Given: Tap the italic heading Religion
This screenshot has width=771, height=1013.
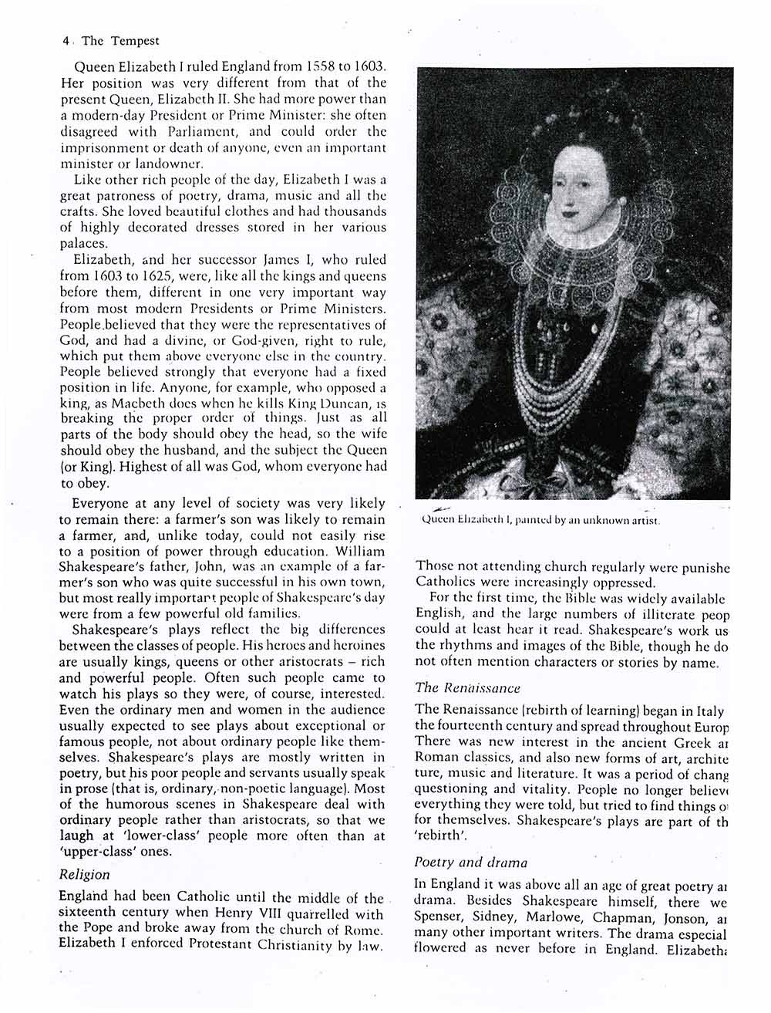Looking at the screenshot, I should point(85,875).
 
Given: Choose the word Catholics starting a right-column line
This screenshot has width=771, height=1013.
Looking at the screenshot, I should point(446,582).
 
